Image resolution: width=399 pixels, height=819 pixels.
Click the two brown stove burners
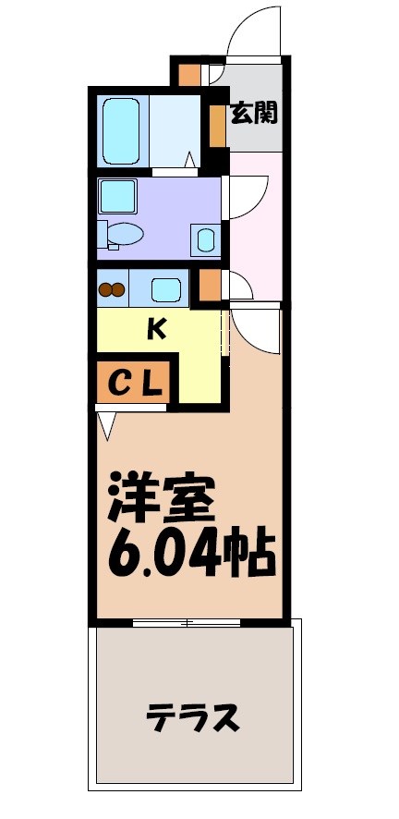112,289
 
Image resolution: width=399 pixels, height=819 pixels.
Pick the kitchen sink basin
166,289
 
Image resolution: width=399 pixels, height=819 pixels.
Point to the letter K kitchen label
157,329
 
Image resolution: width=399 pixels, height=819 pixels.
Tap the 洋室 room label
163,500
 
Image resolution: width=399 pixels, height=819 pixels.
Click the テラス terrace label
193,715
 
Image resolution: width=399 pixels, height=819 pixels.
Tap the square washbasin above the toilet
118,196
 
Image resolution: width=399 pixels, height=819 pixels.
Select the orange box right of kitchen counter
210,287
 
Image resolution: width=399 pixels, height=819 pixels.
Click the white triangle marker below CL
106,424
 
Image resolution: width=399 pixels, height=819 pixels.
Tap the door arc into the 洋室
255,330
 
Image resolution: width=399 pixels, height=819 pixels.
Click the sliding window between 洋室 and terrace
189,623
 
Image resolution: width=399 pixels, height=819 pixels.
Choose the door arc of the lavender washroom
242,197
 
